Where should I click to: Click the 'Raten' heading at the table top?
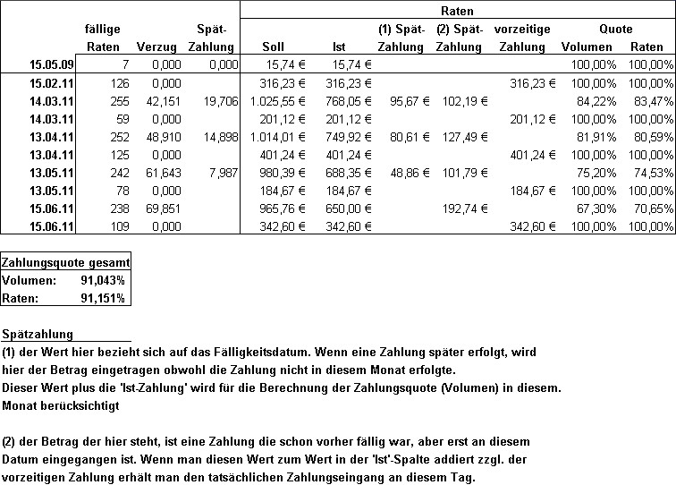coord(458,11)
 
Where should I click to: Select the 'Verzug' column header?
coord(156,46)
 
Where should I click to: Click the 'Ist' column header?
coord(339,46)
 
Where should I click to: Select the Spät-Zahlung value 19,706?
coord(218,100)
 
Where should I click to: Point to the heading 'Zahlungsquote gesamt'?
coord(66,263)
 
